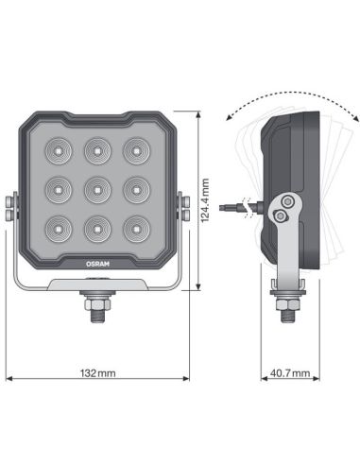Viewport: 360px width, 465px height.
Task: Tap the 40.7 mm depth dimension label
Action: (x=289, y=375)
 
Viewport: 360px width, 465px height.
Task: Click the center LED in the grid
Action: (x=99, y=188)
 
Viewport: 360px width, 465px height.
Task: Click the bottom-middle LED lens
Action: (x=99, y=228)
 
